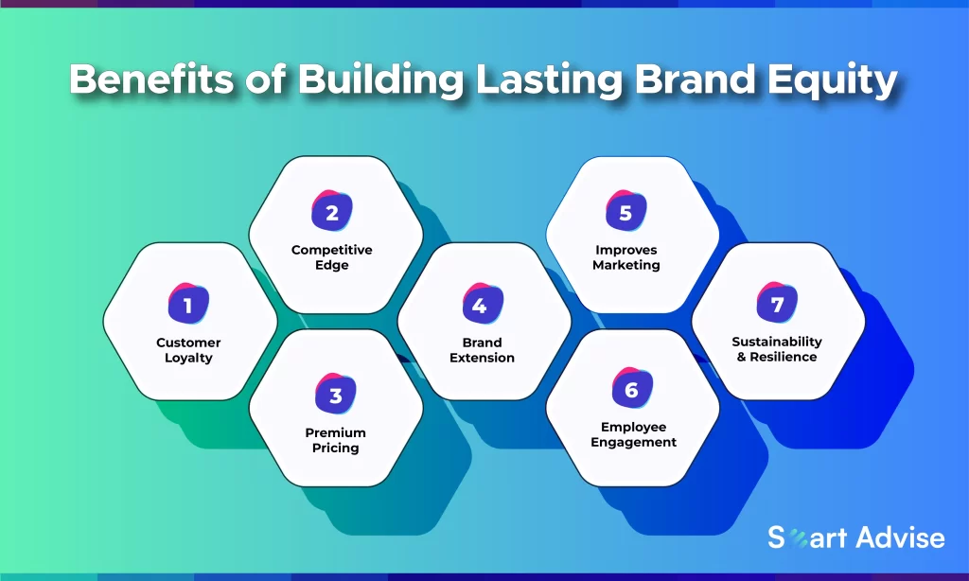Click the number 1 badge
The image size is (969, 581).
pyautogui.click(x=188, y=304)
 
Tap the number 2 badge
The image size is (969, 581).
pyautogui.click(x=332, y=211)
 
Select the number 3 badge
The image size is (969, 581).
pyautogui.click(x=336, y=394)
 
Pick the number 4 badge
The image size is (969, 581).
pyautogui.click(x=483, y=304)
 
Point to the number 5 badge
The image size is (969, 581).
pyautogui.click(x=626, y=211)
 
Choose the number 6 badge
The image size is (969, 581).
pyautogui.click(x=632, y=388)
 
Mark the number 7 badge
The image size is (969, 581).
pyautogui.click(x=777, y=302)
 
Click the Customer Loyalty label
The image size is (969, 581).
pyautogui.click(x=188, y=350)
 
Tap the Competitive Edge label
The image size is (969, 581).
pyautogui.click(x=332, y=257)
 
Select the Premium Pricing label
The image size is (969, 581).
pyautogui.click(x=336, y=440)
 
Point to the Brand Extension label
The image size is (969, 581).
pyautogui.click(x=482, y=350)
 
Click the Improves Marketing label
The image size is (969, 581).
pyautogui.click(x=626, y=257)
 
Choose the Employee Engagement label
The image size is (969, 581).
pyautogui.click(x=633, y=434)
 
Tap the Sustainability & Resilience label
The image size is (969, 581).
pyautogui.click(x=777, y=349)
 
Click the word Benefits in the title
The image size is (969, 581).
pyautogui.click(x=151, y=79)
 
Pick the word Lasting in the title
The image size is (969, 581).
pyautogui.click(x=549, y=80)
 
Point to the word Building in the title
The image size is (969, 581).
pyautogui.click(x=380, y=80)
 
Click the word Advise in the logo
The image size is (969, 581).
pyautogui.click(x=901, y=537)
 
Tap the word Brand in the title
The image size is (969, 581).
pyautogui.click(x=695, y=79)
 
